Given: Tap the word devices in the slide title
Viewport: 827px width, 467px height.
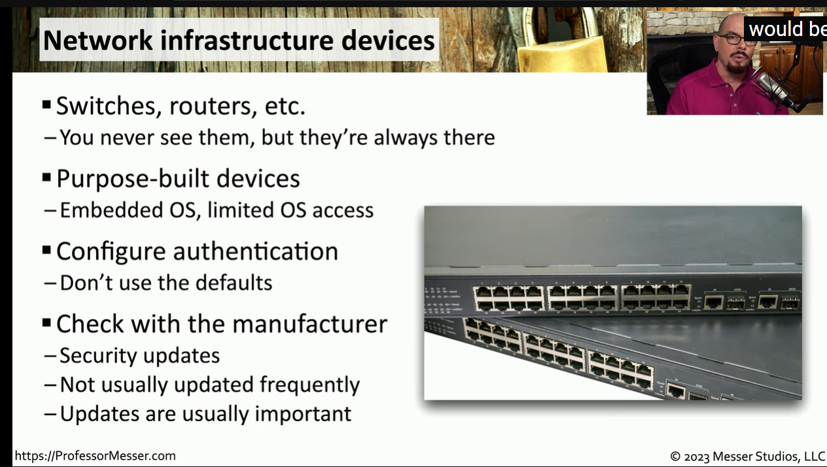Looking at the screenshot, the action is pos(388,40).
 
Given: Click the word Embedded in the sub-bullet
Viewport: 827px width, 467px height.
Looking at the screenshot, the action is pos(111,210).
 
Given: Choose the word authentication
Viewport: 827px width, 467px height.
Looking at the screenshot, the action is pos(255,252).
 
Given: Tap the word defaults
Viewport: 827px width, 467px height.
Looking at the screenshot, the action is pos(234,283).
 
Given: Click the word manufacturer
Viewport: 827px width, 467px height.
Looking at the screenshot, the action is pos(310,324).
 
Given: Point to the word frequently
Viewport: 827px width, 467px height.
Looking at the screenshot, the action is pos(309,385).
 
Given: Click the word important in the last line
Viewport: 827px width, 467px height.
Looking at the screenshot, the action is pos(303,414).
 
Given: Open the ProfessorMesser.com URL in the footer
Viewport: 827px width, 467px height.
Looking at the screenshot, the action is pos(96,456).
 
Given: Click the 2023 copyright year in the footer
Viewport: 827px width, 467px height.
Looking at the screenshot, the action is pos(697,457).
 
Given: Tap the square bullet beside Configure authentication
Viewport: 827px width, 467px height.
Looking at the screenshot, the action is pos(46,250).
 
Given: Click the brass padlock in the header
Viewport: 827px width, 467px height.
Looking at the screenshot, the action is pos(561,41).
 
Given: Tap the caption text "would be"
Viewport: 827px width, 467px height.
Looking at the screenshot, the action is pos(788,29).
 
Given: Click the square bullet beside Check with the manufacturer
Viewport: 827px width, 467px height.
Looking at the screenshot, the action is pos(46,323).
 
